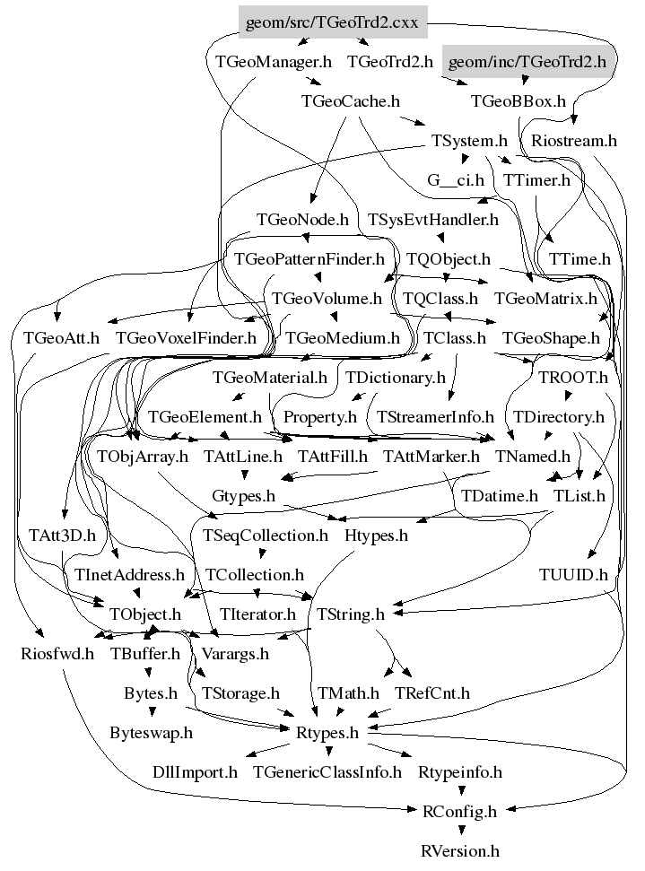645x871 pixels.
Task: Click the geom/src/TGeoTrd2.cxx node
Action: pos(333,22)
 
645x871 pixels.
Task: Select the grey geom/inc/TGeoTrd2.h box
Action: pos(527,62)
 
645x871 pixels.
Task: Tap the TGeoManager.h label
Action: pos(273,62)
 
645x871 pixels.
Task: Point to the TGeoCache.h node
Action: pos(350,101)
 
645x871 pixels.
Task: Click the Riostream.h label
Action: pos(574,141)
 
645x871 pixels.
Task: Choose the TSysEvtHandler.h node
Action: pos(432,220)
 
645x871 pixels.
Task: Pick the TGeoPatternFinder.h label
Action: pos(309,259)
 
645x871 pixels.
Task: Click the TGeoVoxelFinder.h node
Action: pos(186,338)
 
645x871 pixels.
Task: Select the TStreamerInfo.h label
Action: pos(435,416)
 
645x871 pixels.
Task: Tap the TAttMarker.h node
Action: pos(431,456)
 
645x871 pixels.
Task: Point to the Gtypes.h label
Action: pos(243,495)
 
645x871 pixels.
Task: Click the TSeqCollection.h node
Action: pos(265,535)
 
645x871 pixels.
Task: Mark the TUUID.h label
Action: pos(573,574)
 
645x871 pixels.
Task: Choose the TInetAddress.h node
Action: pos(129,574)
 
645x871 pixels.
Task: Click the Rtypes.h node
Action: pos(327,733)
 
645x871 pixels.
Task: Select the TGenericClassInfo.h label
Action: pos(327,772)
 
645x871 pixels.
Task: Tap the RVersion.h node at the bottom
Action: pos(460,851)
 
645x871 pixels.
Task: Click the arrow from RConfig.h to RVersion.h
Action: pos(460,830)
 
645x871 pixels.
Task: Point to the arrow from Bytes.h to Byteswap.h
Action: pos(152,711)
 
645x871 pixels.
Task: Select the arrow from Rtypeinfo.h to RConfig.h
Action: pos(460,790)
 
